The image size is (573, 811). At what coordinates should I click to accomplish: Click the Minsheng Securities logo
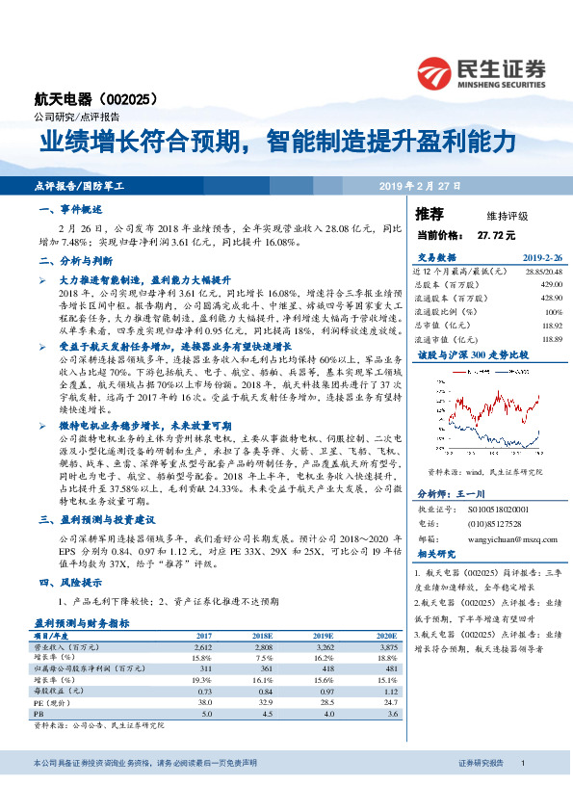(x=481, y=73)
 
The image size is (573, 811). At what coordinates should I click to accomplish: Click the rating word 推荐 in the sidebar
(x=430, y=215)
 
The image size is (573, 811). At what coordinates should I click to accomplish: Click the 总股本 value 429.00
(x=550, y=286)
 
